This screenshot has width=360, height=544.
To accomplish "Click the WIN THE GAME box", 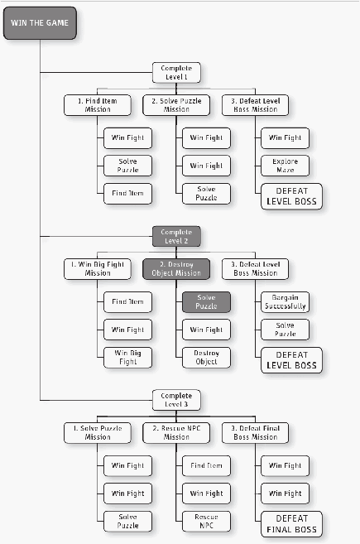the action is tap(40, 23).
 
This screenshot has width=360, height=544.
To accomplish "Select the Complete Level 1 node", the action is tap(176, 73).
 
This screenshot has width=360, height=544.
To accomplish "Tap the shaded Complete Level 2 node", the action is tap(176, 236).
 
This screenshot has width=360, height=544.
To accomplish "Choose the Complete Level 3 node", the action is tap(176, 400).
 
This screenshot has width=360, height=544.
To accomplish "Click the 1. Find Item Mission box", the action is tap(98, 105).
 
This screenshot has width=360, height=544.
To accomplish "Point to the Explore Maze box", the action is tap(285, 166).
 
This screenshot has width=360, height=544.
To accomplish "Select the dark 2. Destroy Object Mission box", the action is tap(176, 269).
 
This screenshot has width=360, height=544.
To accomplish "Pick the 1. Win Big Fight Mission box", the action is tap(98, 269).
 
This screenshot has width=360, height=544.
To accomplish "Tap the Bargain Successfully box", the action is tap(285, 302).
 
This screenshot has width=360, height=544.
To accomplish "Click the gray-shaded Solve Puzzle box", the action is tap(206, 302).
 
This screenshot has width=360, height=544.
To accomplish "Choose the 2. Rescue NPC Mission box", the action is tap(176, 432).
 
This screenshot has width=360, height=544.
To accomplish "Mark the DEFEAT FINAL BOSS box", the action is tap(291, 524).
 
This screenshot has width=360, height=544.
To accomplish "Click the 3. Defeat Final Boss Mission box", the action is tap(255, 432).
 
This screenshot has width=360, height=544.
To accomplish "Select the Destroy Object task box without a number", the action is tap(206, 358).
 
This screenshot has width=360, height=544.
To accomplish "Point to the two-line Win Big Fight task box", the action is tap(127, 358).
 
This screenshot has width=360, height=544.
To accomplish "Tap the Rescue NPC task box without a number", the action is tap(206, 521).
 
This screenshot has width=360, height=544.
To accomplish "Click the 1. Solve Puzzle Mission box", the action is tap(98, 432).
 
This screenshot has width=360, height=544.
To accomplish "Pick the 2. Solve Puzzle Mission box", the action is tap(176, 105).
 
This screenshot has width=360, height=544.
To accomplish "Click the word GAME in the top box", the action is tap(57, 23).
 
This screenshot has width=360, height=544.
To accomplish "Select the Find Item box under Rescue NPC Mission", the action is tap(206, 465).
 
